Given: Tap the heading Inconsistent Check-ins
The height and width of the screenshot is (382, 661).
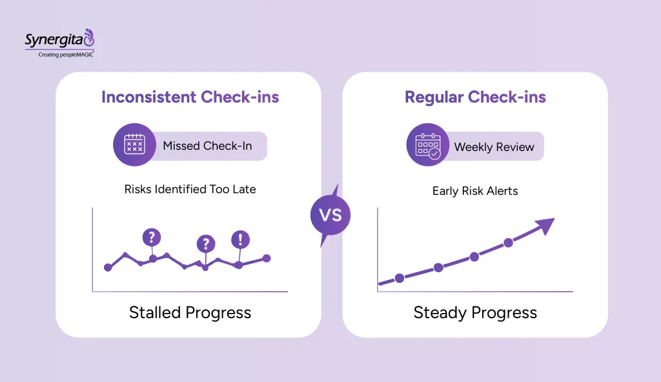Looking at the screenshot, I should pos(190,97).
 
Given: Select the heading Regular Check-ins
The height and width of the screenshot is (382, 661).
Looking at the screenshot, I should pos(475,97).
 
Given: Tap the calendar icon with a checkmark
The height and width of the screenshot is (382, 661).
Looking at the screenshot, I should pos(427,146).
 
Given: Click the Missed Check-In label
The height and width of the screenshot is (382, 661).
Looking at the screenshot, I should pos(207,146).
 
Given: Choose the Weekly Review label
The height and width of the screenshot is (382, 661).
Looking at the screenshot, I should pos(494,147).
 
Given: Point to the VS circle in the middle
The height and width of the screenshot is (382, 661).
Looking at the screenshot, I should pos(330,215).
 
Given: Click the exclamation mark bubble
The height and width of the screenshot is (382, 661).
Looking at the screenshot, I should pos(240,239).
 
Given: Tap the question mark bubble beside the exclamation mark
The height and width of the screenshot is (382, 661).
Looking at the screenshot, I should pos(206,243).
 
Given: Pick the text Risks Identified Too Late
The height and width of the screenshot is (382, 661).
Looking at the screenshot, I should pos(190,190).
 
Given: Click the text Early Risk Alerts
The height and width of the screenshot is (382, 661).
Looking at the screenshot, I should pos(475,191).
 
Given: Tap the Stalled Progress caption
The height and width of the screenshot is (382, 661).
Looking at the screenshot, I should pos(190,313).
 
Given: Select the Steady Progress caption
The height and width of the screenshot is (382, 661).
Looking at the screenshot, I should pos(475,313).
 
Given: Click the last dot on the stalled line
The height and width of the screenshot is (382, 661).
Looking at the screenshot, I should pos(267,258).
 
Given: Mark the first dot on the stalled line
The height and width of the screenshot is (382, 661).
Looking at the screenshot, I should pos(108,267).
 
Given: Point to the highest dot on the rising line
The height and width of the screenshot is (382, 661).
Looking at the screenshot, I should pos(508,243).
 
